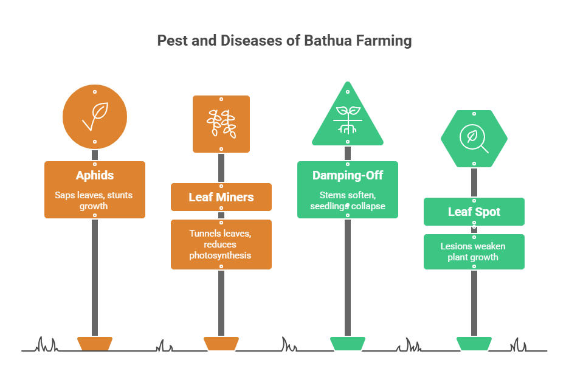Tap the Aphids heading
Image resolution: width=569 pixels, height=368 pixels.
(x=94, y=176)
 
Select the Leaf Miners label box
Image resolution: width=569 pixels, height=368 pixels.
(x=221, y=197)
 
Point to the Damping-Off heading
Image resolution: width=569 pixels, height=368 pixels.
(x=347, y=176)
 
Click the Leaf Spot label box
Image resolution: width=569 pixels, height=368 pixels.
(x=474, y=212)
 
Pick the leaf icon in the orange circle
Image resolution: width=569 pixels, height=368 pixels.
(x=95, y=117)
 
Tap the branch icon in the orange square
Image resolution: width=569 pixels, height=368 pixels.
(x=221, y=123)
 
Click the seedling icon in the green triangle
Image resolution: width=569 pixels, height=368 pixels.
(x=348, y=120)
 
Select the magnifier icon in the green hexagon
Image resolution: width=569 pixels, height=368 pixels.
(x=474, y=138)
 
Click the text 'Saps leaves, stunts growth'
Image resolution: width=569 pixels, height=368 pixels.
(x=94, y=201)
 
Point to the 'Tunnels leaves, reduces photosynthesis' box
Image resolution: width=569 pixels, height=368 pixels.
(x=221, y=245)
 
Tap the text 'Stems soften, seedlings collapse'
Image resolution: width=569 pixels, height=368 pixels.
(x=347, y=201)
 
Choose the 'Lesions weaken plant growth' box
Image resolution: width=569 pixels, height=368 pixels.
(x=474, y=251)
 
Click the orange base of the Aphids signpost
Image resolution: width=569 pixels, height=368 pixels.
(x=95, y=343)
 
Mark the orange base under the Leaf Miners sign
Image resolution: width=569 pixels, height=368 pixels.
(x=221, y=343)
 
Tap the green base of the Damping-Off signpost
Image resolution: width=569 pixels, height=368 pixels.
(x=348, y=343)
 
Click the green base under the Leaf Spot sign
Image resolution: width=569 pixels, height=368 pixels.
(x=474, y=343)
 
